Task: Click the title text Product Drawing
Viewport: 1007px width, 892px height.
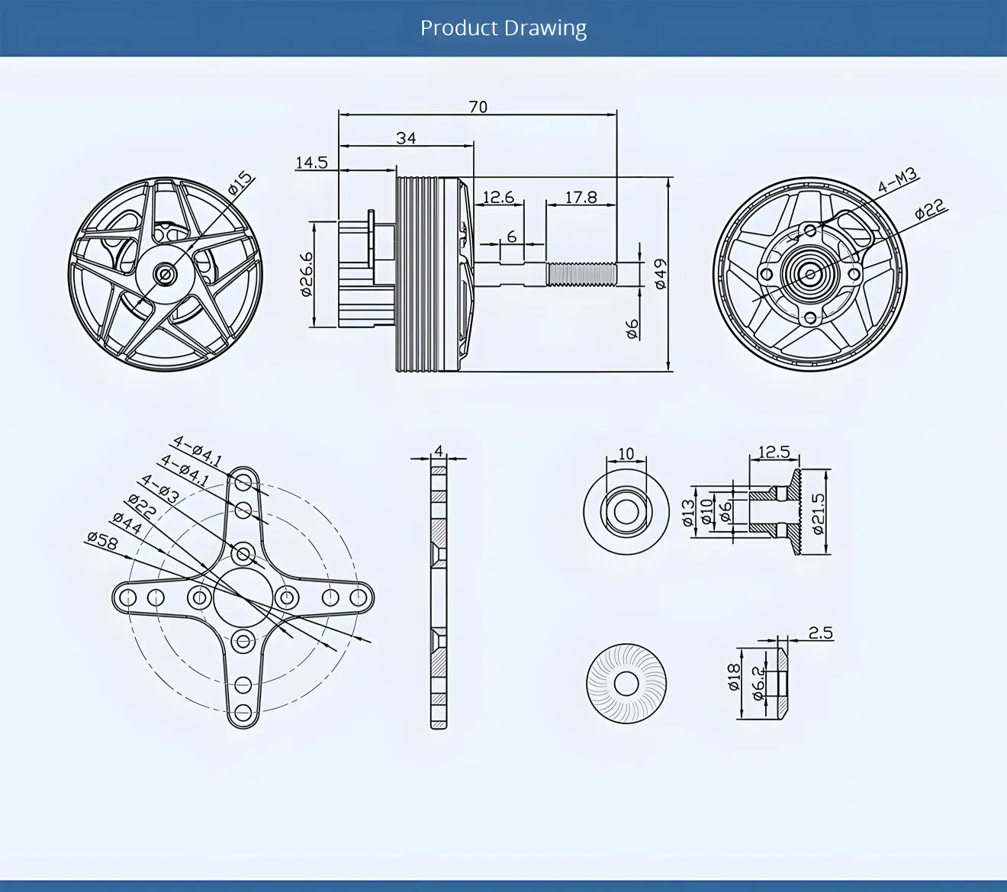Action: click(x=504, y=28)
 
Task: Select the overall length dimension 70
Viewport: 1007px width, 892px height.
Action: click(x=478, y=107)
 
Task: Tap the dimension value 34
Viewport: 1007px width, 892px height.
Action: click(x=406, y=138)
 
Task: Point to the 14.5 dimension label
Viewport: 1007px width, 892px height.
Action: click(x=311, y=163)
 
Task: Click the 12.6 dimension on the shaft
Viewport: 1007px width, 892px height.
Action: click(x=498, y=198)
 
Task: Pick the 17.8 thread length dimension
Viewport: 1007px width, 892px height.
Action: click(x=581, y=198)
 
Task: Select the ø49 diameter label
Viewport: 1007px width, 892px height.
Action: click(x=661, y=274)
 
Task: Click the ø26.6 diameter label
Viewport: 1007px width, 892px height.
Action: click(x=306, y=275)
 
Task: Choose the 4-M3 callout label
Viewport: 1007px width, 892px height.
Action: click(x=897, y=182)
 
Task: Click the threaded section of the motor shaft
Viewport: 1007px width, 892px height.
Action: click(x=581, y=274)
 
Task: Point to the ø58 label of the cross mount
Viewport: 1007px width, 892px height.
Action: click(x=102, y=540)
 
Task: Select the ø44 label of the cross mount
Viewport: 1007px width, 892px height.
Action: click(x=127, y=523)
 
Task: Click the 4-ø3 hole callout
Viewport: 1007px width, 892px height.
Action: click(x=159, y=488)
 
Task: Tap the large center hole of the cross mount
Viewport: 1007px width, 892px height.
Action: click(x=243, y=597)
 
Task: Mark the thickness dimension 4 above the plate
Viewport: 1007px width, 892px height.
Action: click(x=439, y=450)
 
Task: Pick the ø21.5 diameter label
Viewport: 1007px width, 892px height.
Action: click(x=818, y=512)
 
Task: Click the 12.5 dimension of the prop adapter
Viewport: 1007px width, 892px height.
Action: click(x=774, y=452)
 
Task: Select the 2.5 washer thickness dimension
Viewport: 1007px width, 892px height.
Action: click(x=820, y=633)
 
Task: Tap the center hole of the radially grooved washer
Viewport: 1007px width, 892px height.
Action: click(x=626, y=684)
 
